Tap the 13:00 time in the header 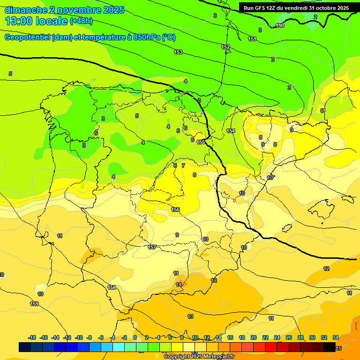[19, 21]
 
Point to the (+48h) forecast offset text [81, 21]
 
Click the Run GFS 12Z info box [296, 8]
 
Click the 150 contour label [280, 25]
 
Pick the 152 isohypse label [225, 47]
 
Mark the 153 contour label [178, 52]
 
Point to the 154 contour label [230, 131]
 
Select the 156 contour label [176, 210]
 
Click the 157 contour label [152, 247]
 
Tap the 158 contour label [112, 287]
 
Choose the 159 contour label [35, 304]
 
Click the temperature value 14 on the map [179, 285]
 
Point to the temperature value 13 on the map [190, 317]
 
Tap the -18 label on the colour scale [32, 337]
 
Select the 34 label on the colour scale [336, 337]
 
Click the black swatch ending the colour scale [330, 347]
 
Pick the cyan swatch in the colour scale [118, 347]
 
